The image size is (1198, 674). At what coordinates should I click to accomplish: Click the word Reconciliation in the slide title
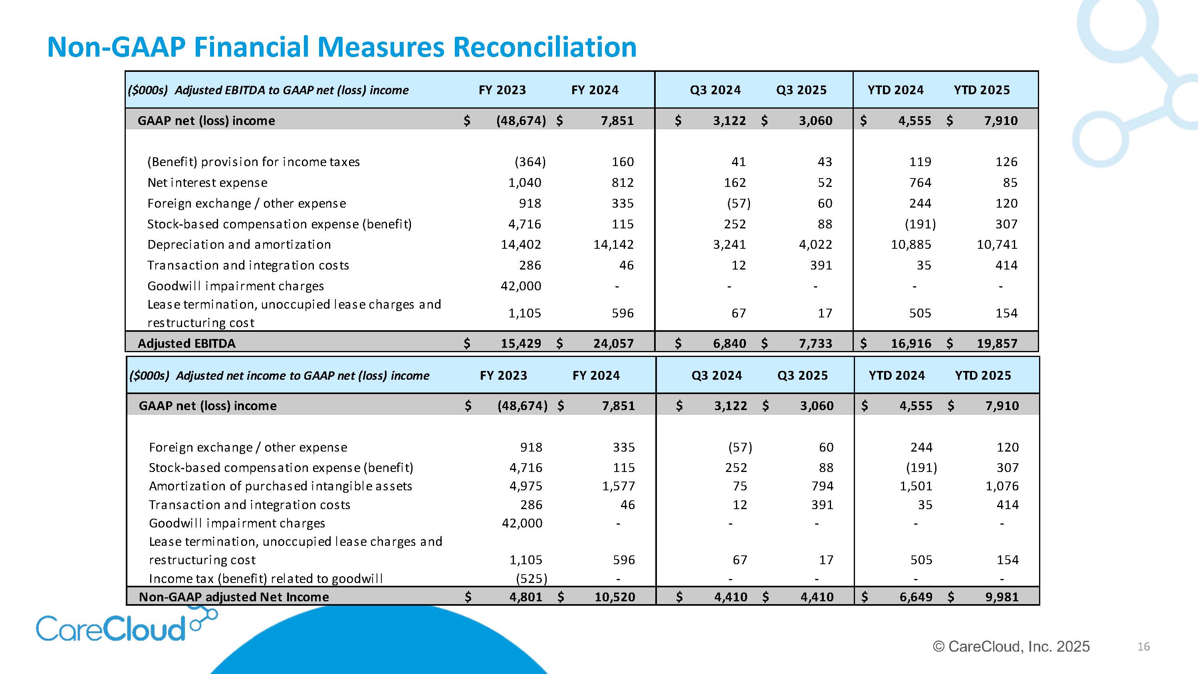[x=544, y=48]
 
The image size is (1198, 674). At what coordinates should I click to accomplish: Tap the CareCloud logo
[x=112, y=628]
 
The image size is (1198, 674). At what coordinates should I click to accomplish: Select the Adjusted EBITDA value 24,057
[x=613, y=343]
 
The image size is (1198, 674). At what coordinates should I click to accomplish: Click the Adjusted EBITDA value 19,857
[x=997, y=343]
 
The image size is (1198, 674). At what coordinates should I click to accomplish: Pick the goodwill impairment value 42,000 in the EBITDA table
[x=521, y=285]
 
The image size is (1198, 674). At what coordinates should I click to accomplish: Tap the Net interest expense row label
[x=207, y=182]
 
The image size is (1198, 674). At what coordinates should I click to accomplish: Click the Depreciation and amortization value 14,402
[x=521, y=244]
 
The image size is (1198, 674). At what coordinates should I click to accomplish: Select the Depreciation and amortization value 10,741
[x=997, y=244]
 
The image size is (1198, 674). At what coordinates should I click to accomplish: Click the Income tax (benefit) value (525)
[x=531, y=578]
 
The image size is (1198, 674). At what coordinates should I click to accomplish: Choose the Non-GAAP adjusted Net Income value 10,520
[x=615, y=597]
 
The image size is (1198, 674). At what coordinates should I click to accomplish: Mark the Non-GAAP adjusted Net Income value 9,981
[x=1002, y=597]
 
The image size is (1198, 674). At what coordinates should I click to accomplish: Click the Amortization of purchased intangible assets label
[x=280, y=486]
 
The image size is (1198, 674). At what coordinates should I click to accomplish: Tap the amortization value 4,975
[x=526, y=486]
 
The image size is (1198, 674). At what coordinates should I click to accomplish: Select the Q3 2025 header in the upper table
[x=801, y=90]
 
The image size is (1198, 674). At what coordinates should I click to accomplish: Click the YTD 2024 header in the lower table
[x=897, y=375]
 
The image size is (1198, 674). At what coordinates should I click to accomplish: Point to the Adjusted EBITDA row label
[x=186, y=343]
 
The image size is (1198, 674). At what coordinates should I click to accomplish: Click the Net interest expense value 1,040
[x=525, y=182]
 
